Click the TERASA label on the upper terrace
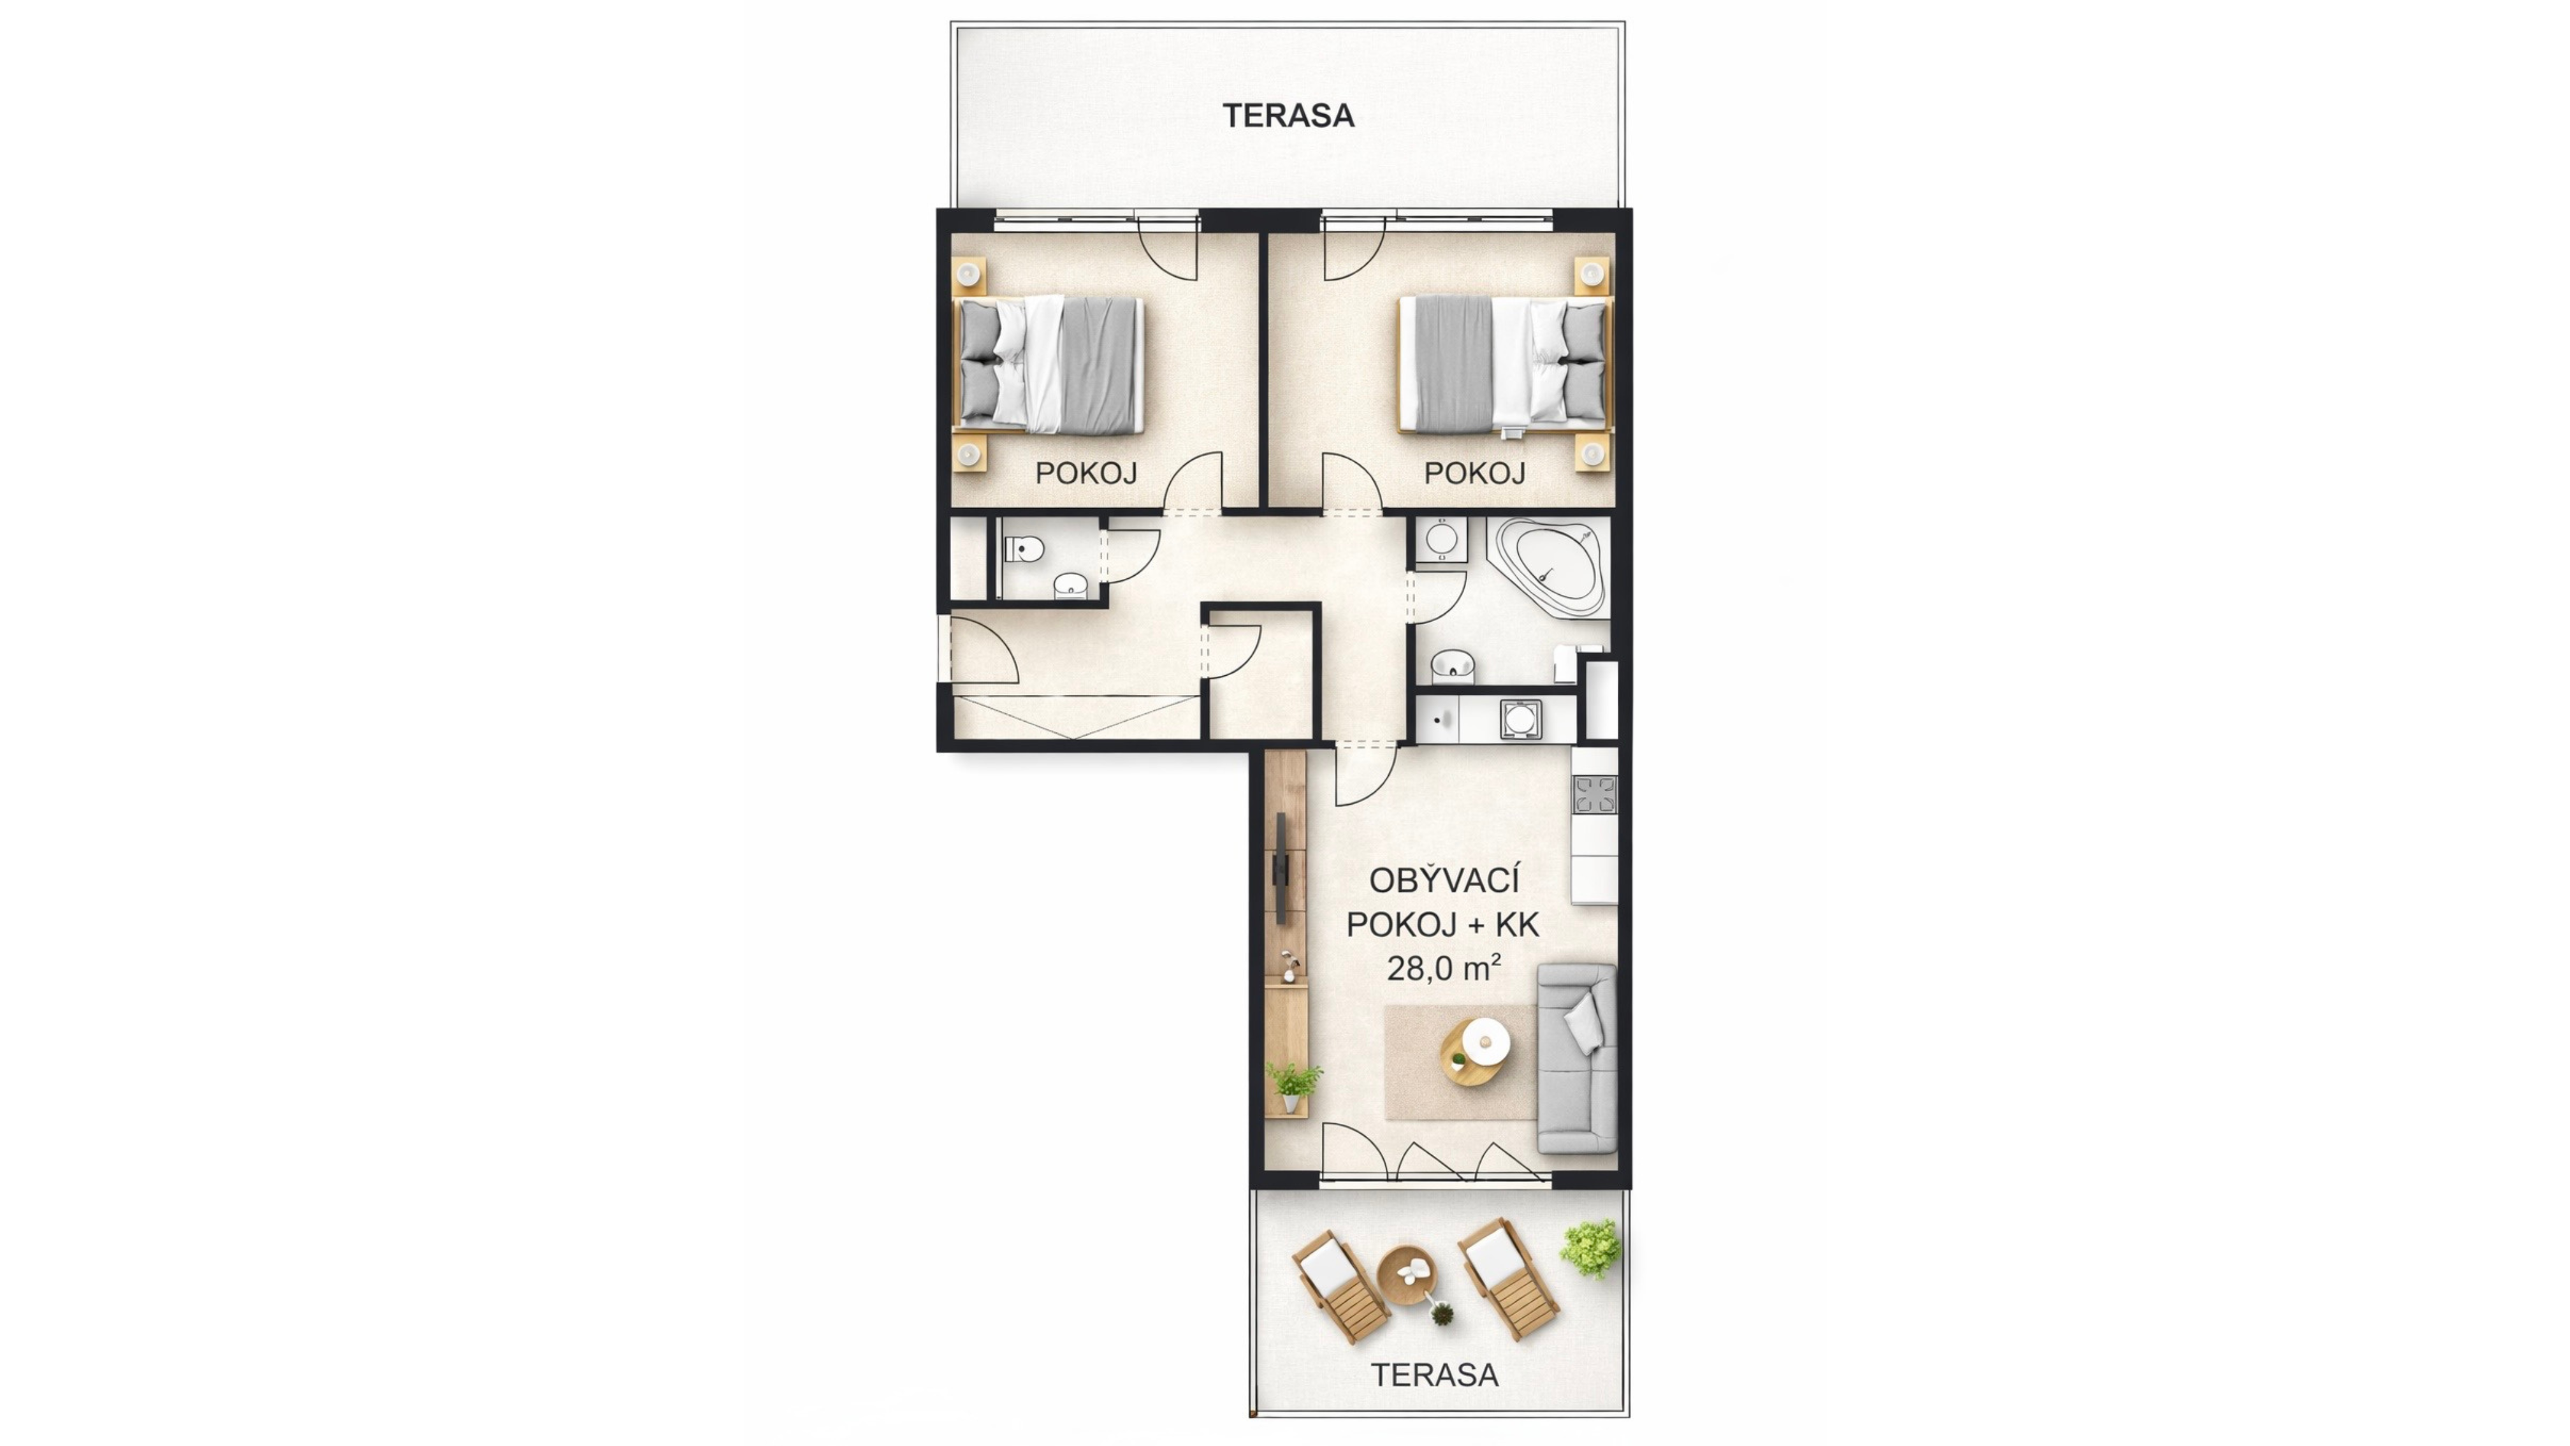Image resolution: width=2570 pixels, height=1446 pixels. pyautogui.click(x=1288, y=116)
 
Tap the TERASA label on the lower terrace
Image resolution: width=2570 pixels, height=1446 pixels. pyautogui.click(x=1435, y=1375)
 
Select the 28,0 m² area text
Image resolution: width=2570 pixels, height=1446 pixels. pyautogui.click(x=1444, y=968)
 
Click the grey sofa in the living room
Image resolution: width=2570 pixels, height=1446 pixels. pyautogui.click(x=1576, y=1058)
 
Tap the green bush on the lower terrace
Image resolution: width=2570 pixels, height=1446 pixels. pyautogui.click(x=1590, y=1248)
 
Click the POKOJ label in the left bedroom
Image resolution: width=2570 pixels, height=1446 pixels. pyautogui.click(x=1085, y=473)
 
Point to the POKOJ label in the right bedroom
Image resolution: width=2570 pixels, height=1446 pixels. pyautogui.click(x=1474, y=473)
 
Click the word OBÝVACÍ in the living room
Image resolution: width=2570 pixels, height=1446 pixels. pyautogui.click(x=1444, y=881)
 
